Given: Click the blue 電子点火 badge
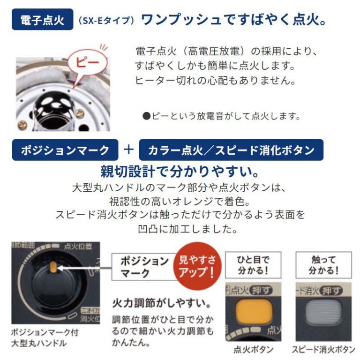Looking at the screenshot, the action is (x=43, y=19).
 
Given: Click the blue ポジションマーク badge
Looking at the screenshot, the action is (x=65, y=150).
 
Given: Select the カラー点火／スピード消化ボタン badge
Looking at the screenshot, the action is (x=231, y=150).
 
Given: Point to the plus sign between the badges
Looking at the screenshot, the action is (x=128, y=150).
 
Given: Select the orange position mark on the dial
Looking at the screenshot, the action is (x=53, y=267).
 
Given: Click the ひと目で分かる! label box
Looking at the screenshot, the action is (x=253, y=265).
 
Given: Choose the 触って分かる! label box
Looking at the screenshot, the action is (x=323, y=265).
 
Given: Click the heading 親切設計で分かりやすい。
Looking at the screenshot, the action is (x=180, y=172).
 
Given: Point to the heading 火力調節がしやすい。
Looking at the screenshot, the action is (x=161, y=303).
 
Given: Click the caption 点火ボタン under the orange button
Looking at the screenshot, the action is (x=254, y=350).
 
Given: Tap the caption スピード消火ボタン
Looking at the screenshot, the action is (x=323, y=350).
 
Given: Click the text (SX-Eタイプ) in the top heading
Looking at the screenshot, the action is (x=106, y=21).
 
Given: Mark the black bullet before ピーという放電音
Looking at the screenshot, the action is (x=146, y=116).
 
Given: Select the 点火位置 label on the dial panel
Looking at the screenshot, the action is (x=78, y=247).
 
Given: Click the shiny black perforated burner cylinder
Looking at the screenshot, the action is (x=54, y=111).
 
